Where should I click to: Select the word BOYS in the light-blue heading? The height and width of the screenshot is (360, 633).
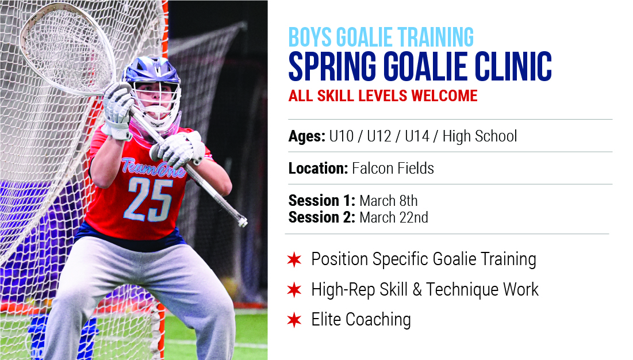310,37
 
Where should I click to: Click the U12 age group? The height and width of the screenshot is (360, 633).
379,136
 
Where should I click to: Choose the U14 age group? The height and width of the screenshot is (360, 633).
417,136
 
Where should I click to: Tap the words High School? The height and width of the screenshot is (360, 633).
479,136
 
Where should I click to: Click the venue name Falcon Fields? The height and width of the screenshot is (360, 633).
393,168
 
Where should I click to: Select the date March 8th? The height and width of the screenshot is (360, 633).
388,201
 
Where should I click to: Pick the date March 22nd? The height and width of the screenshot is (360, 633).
394,217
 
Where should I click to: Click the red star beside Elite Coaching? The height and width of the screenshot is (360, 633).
294,320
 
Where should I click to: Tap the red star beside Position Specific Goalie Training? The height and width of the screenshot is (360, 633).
294,259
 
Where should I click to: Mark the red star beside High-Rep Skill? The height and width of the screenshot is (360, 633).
294,289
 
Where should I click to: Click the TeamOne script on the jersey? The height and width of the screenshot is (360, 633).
154,167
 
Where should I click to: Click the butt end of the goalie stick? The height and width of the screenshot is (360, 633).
243,222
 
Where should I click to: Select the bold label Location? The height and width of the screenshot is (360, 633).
318,168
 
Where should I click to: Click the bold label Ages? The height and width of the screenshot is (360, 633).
307,137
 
